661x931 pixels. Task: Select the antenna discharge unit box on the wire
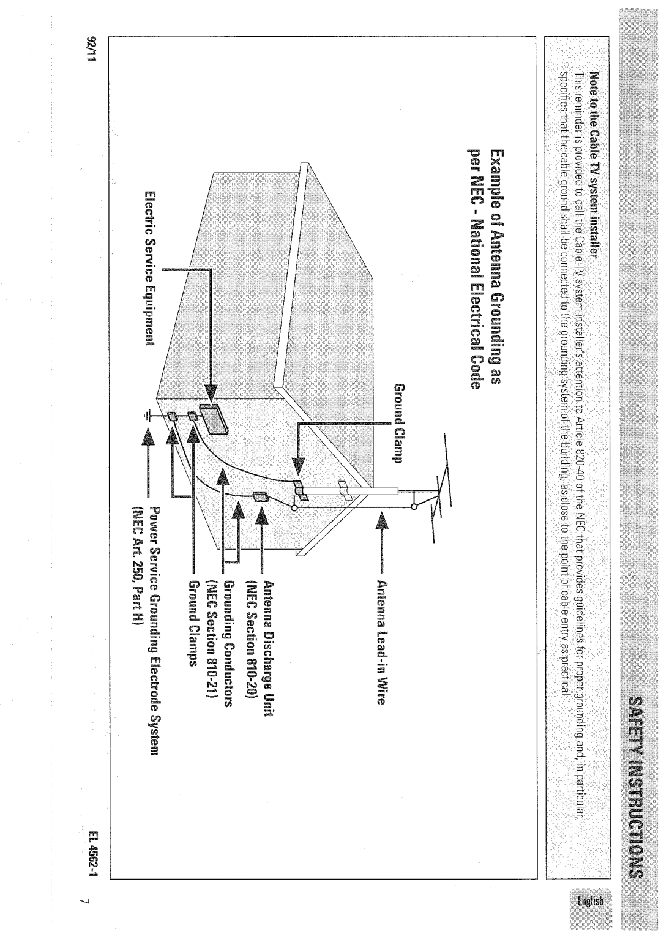click(260, 496)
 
